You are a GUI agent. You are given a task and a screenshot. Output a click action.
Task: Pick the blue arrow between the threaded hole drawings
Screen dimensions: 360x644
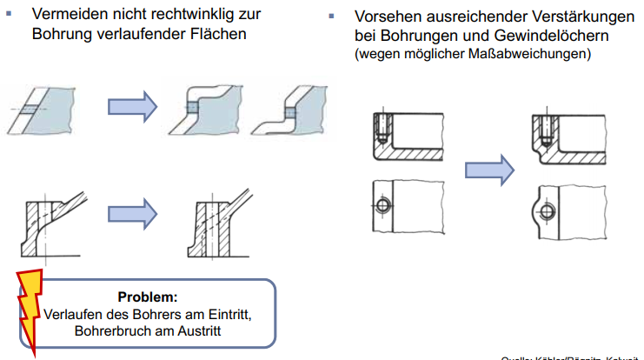(x=489, y=170)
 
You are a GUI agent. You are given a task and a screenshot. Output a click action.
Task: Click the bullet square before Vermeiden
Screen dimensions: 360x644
(x=10, y=14)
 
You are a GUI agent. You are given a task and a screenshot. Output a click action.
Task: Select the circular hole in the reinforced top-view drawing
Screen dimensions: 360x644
(x=546, y=210)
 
